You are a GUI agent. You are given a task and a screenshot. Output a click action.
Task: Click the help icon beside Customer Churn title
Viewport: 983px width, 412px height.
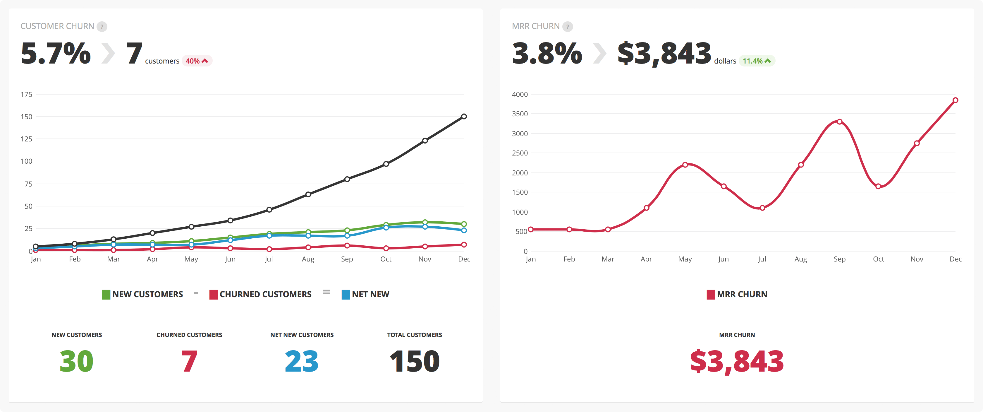[x=102, y=27]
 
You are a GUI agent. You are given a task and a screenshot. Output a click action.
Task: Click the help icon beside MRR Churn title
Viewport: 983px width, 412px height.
[x=568, y=27]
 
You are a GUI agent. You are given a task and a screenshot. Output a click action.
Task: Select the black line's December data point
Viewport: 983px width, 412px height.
[x=464, y=117]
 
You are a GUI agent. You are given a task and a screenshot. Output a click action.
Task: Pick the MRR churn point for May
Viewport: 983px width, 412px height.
[x=685, y=165]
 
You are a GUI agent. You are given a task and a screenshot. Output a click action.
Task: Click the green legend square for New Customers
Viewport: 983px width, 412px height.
[x=106, y=294]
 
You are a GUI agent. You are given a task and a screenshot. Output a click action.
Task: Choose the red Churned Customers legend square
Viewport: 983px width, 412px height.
[x=213, y=294]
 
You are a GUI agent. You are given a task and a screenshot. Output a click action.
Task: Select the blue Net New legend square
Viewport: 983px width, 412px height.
[x=346, y=294]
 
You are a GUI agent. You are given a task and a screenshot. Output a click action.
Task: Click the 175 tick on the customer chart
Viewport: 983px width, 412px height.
[x=26, y=94]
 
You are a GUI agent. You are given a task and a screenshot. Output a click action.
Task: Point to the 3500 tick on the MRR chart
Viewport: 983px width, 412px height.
[x=520, y=114]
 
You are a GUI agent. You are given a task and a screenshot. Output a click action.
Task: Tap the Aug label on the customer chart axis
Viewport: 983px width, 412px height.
[x=308, y=259]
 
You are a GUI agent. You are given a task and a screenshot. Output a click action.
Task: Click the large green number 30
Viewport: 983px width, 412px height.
[x=76, y=361]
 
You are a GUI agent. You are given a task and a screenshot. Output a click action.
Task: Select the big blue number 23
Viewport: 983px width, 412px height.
[x=301, y=361]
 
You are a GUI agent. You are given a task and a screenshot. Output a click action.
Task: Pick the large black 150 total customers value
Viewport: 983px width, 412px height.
[x=415, y=361]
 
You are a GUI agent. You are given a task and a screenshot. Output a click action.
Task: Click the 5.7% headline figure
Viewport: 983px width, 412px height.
[x=56, y=54]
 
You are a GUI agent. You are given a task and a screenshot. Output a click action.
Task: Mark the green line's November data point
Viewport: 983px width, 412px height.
[x=425, y=222]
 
